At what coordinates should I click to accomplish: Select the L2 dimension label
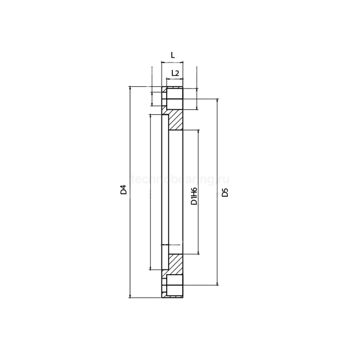tap(174, 73)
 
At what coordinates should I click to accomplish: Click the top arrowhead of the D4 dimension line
tap(130, 89)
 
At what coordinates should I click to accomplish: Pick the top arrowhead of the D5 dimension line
tap(218, 100)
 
